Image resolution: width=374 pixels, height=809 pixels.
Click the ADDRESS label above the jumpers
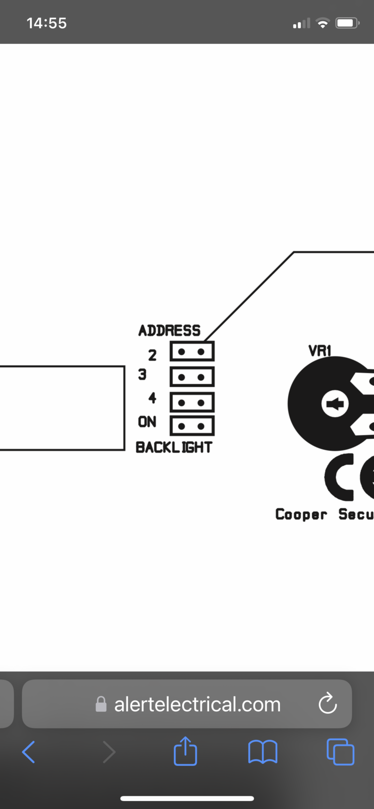[170, 331]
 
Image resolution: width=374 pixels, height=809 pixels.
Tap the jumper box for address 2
[192, 351]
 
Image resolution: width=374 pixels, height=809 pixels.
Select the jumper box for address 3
[192, 377]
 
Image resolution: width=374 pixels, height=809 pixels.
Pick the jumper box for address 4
[192, 402]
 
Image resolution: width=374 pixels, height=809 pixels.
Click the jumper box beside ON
[192, 426]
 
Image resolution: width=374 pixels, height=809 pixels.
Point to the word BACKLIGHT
[174, 447]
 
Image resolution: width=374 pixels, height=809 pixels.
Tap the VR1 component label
[319, 350]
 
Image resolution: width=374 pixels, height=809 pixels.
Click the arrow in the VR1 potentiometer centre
[335, 404]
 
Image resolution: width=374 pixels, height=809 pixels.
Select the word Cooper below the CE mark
[301, 514]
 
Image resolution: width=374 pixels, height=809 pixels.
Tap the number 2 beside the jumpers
[152, 355]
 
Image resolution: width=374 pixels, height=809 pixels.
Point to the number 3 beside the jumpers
[142, 375]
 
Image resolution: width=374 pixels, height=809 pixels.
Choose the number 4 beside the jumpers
[152, 398]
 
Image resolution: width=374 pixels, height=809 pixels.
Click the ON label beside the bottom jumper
[147, 422]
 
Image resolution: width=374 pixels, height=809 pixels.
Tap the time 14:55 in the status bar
[47, 23]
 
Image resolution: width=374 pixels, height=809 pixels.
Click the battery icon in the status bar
[347, 23]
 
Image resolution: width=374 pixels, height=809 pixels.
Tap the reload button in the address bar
[327, 703]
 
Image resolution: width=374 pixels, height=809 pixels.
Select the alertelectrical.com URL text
[197, 704]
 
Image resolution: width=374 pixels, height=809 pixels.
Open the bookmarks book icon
[263, 752]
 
